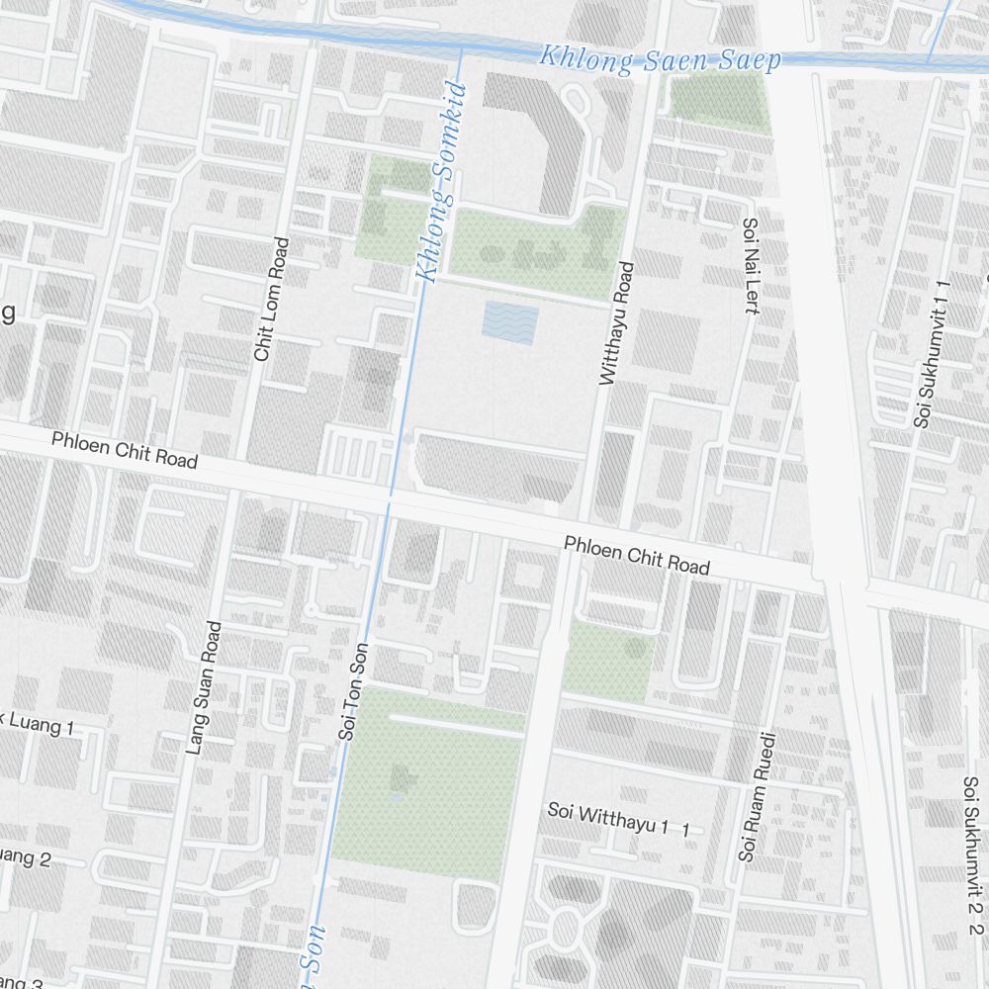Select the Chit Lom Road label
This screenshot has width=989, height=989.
272,299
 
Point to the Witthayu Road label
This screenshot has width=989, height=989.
614,322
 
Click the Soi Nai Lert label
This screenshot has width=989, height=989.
751,266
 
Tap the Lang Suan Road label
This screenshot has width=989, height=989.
204,688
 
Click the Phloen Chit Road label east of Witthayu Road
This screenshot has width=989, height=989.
637,556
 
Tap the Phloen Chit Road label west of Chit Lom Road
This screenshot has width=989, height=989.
125,449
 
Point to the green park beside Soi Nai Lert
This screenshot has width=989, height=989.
719,102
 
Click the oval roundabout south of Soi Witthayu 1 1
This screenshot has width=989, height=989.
565,930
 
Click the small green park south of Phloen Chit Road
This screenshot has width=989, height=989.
607,661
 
